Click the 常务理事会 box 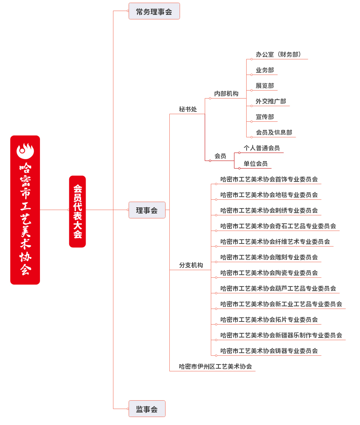tap(154, 11)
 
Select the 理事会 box tap(147, 210)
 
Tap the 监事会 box tap(147, 409)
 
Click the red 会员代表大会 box tap(78, 212)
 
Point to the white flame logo tap(25, 151)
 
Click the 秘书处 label tap(188, 109)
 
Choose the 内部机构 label tap(226, 94)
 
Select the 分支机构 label tap(191, 265)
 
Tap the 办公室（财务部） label tap(279, 54)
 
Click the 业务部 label tap(265, 70)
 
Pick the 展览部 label tap(265, 86)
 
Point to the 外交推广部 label tap(271, 101)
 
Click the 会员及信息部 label tap(274, 132)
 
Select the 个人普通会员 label tap(262, 148)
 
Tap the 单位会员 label tap(256, 164)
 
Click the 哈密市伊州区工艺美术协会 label tap(215, 366)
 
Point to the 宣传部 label tap(265, 117)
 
